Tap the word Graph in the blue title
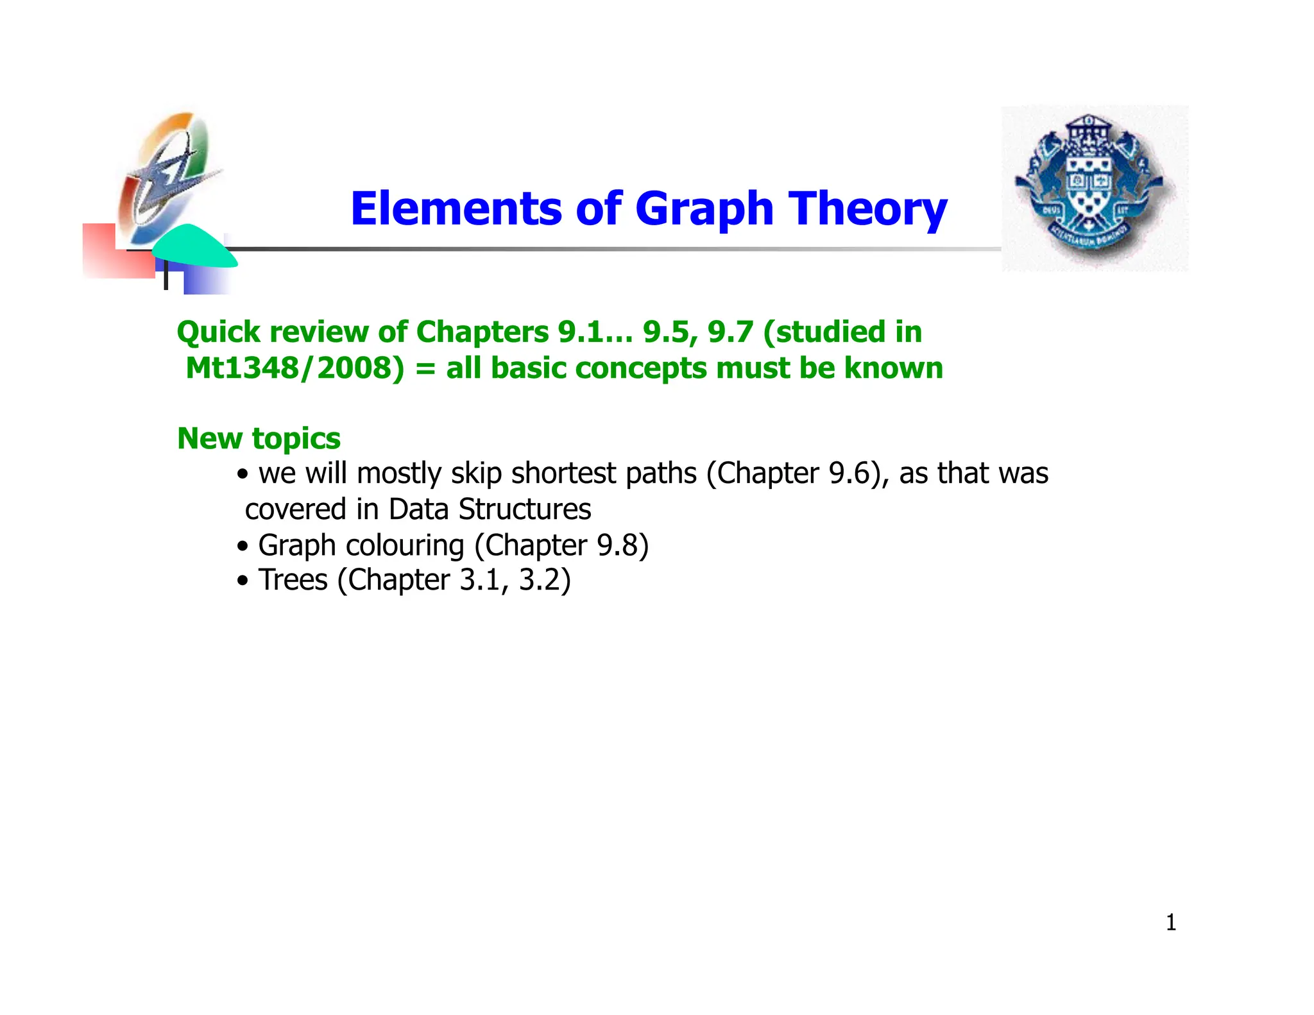(x=704, y=210)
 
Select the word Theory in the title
(x=867, y=210)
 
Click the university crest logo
(x=1095, y=188)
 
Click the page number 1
(x=1170, y=923)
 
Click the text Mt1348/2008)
(x=294, y=368)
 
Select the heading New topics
(x=259, y=439)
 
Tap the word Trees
(x=293, y=580)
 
